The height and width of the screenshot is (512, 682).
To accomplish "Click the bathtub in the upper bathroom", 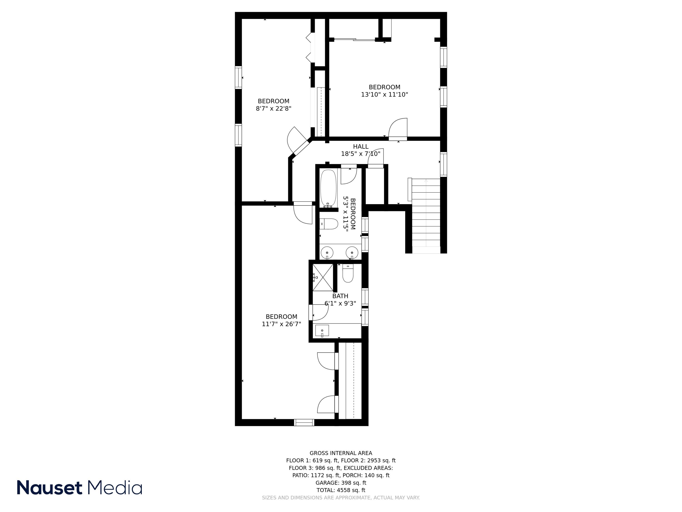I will pyautogui.click(x=328, y=188).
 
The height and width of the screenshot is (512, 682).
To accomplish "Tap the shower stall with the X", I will pyautogui.click(x=323, y=277).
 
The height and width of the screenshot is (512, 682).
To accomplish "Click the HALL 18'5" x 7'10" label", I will pyautogui.click(x=360, y=150).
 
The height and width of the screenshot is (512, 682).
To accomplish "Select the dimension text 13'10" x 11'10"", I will pyautogui.click(x=384, y=94).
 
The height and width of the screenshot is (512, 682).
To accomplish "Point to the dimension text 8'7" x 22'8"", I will pyautogui.click(x=273, y=108).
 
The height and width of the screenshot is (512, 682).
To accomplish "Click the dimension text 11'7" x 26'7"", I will pyautogui.click(x=281, y=324).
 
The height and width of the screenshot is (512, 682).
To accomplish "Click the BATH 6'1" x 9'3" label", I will pyautogui.click(x=340, y=300).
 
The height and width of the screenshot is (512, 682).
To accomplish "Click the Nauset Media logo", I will pyautogui.click(x=79, y=487).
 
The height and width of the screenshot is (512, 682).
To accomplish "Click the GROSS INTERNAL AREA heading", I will pyautogui.click(x=341, y=453).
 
